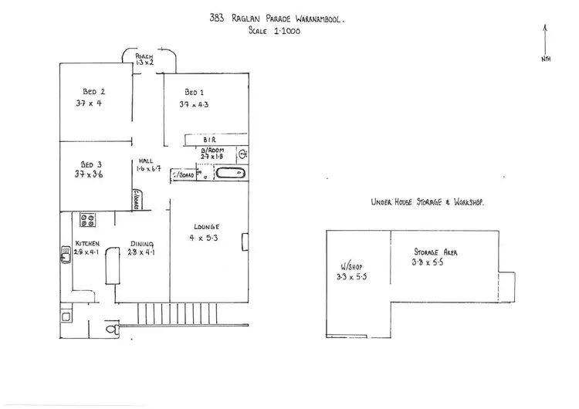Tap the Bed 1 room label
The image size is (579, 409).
click(x=194, y=91)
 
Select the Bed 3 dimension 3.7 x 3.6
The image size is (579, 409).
click(x=89, y=175)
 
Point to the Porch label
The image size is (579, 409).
click(x=144, y=57)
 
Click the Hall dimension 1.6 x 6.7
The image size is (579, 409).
click(x=147, y=169)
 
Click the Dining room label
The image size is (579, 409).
click(x=142, y=240)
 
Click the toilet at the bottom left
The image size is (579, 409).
click(x=112, y=330)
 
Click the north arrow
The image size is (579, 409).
click(x=546, y=39)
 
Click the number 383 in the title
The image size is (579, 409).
click(x=216, y=19)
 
